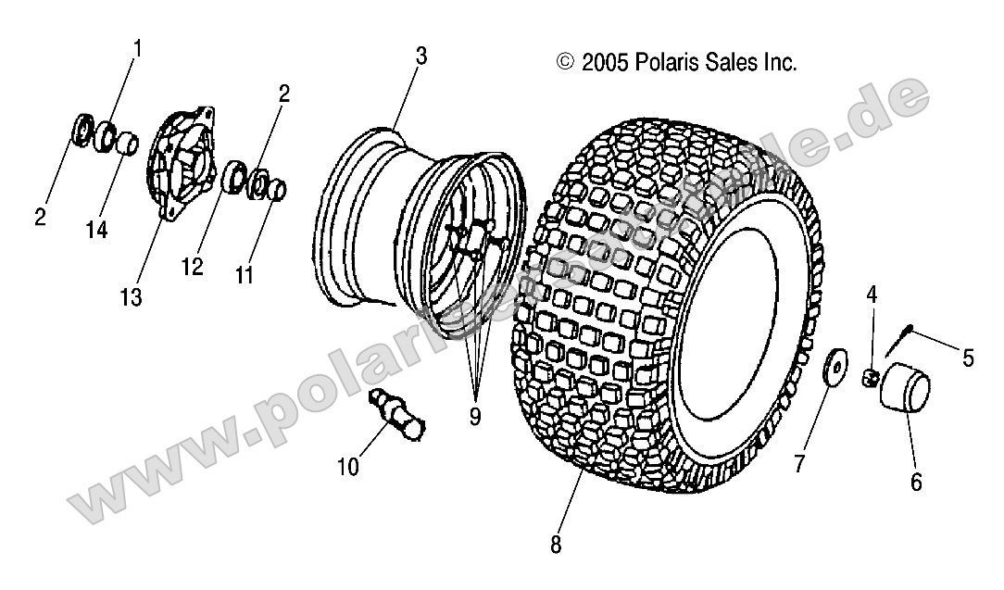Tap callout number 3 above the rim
tap(420, 56)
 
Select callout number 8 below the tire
tap(556, 546)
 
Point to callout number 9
tap(474, 417)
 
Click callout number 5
tap(968, 358)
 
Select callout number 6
tap(916, 482)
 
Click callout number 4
tap(872, 295)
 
